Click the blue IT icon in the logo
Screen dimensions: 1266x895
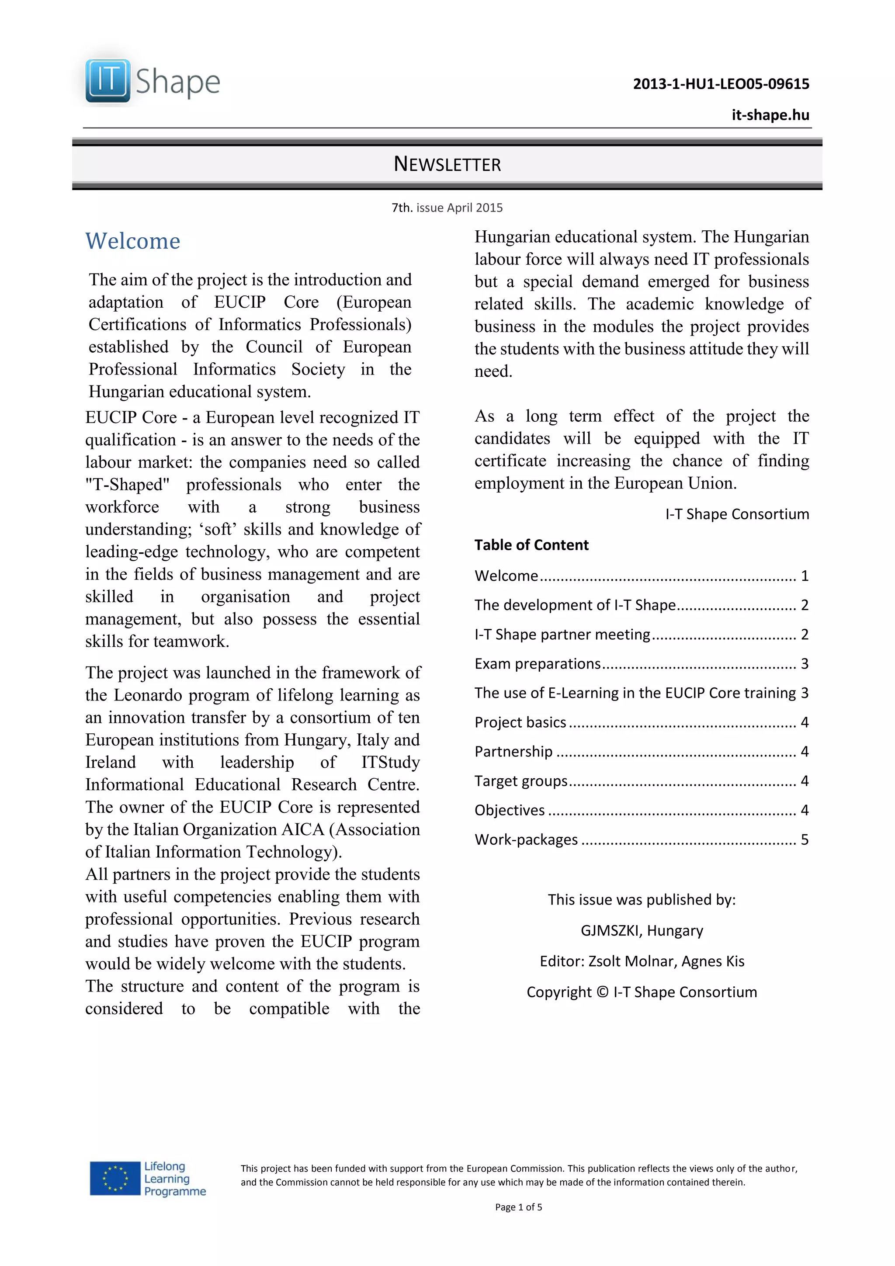coord(108,80)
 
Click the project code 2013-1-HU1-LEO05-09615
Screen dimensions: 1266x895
coord(720,84)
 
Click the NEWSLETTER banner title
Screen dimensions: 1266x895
coord(447,164)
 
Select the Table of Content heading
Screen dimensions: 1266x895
coord(531,545)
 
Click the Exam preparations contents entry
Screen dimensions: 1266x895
coord(538,663)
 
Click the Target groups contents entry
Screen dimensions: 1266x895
coord(520,781)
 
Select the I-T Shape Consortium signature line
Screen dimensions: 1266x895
coord(737,514)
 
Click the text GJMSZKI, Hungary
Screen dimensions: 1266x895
coord(642,930)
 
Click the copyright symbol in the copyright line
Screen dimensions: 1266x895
coord(602,992)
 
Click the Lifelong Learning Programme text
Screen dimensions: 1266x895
coord(174,1178)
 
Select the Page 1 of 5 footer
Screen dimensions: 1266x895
coord(518,1207)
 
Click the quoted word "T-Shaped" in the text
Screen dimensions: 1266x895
coord(127,485)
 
